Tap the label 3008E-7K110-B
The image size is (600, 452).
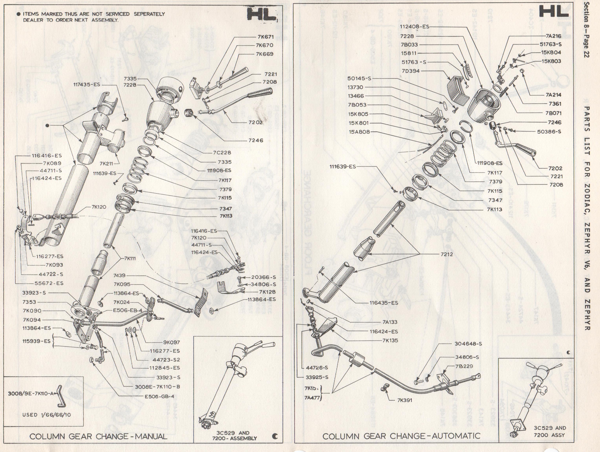(x=157, y=387)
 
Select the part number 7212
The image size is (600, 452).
(x=447, y=254)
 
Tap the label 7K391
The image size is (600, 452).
(x=405, y=400)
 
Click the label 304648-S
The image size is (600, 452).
(x=468, y=344)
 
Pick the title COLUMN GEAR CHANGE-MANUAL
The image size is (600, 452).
(x=98, y=436)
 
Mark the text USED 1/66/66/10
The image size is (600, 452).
(x=47, y=415)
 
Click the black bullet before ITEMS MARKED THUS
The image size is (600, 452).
(x=18, y=14)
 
